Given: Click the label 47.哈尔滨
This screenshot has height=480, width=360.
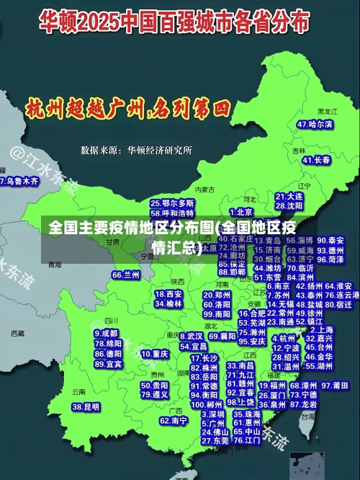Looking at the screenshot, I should click(x=315, y=125).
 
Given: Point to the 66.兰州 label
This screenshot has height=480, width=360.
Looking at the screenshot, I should click(x=126, y=275).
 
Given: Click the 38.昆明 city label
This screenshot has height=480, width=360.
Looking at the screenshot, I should click(x=86, y=407).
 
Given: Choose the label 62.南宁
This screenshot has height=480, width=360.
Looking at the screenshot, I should click(x=174, y=420).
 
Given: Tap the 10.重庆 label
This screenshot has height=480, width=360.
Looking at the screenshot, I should click(x=155, y=355).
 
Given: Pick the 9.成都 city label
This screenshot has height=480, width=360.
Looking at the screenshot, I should click(x=106, y=334).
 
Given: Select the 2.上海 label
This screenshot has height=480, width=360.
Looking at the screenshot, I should click(x=319, y=329).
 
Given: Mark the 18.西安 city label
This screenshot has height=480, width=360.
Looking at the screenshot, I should click(x=168, y=294).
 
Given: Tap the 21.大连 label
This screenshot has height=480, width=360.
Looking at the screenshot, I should click(x=289, y=196).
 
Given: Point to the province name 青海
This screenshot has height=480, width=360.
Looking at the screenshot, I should click(x=55, y=265).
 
